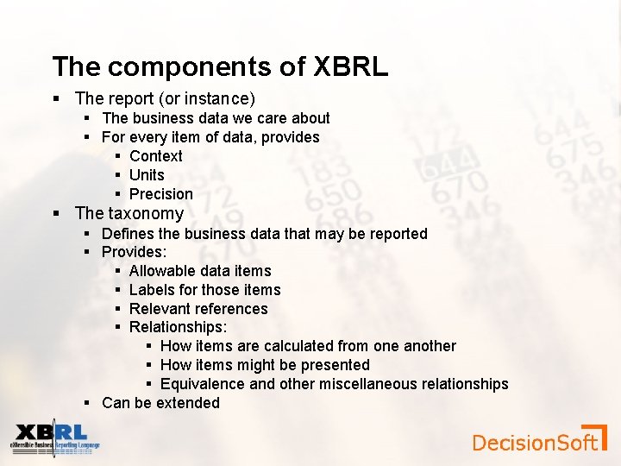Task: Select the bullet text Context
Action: (x=156, y=156)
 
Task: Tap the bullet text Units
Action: (x=147, y=175)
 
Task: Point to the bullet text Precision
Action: (x=160, y=194)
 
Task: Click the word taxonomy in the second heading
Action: (x=146, y=213)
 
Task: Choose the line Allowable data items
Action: (x=200, y=271)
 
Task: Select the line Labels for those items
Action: (x=204, y=290)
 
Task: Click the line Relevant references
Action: (x=198, y=309)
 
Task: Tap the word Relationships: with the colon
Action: (x=179, y=327)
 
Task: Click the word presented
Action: (x=336, y=365)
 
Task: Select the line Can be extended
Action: (x=160, y=403)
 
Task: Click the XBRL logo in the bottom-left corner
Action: (x=54, y=438)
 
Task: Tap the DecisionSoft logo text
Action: (x=535, y=443)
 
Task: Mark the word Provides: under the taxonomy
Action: (x=134, y=252)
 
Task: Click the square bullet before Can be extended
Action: (x=88, y=403)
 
